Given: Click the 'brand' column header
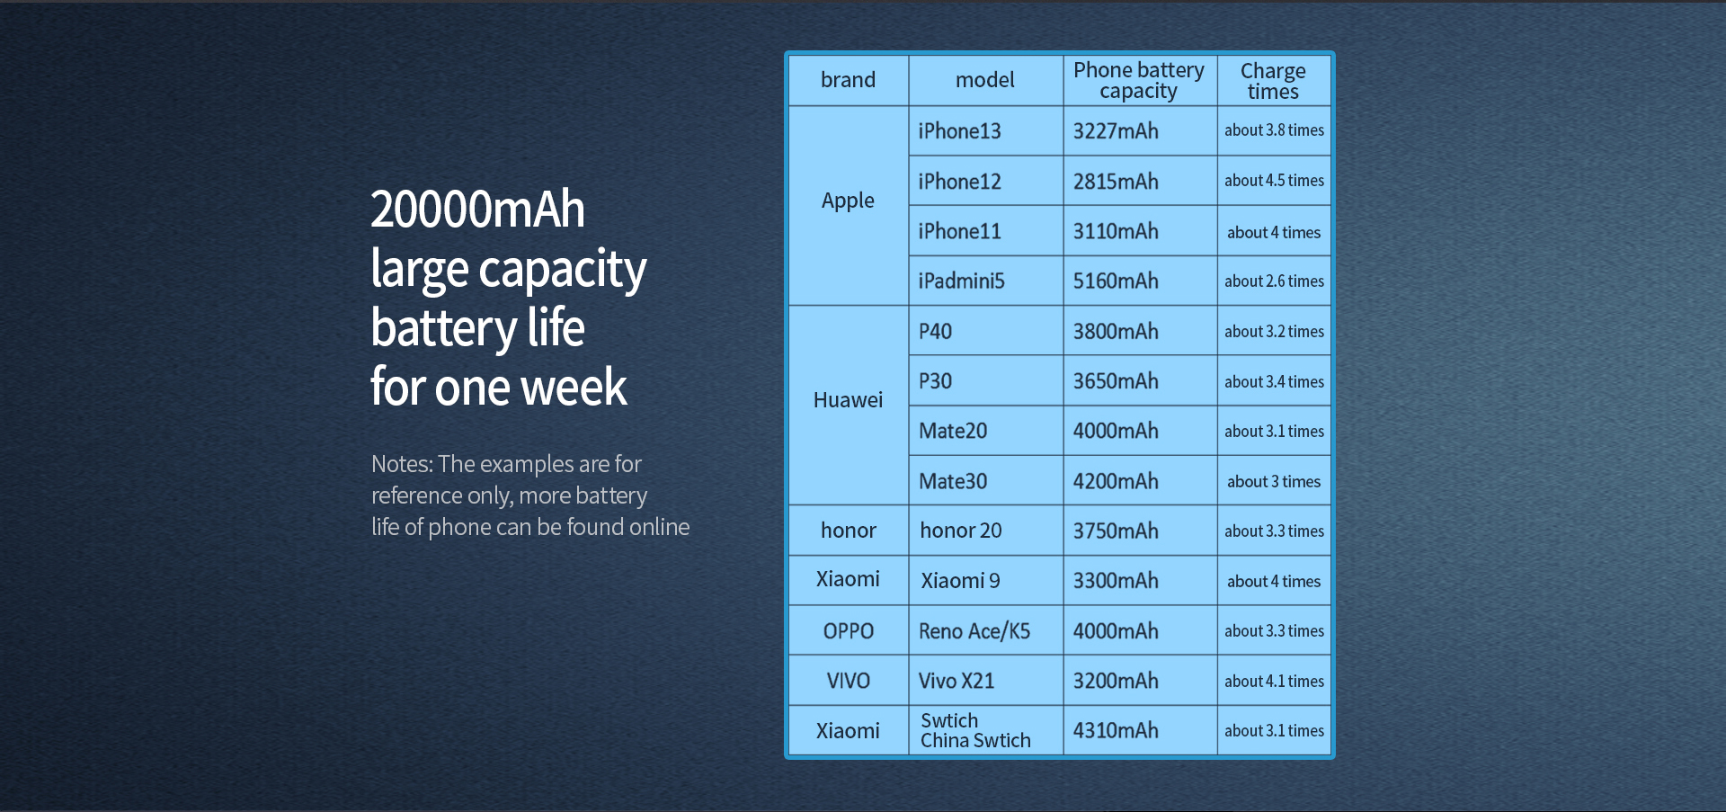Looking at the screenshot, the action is pos(848,80).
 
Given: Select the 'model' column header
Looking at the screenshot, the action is pos(985,80).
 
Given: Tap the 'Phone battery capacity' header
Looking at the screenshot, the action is pos(1139,80).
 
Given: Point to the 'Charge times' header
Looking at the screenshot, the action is pos(1273,81).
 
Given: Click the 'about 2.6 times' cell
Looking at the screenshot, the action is pos(1274,281).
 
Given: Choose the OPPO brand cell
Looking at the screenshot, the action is pos(848,631).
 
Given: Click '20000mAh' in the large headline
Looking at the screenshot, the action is pos(477,210).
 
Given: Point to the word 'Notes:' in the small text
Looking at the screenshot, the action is pos(402,464).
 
